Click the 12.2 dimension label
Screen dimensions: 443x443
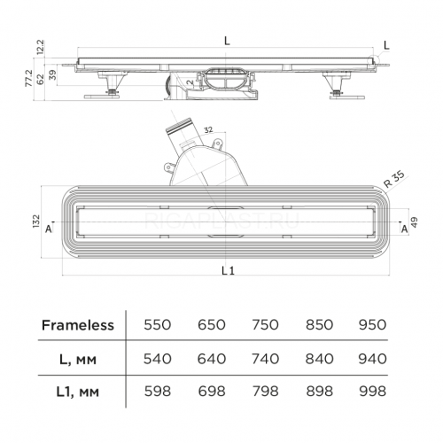tap(40, 47)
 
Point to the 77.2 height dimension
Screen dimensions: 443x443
tap(28, 78)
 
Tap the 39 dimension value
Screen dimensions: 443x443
tap(52, 75)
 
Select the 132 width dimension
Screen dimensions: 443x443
tap(35, 221)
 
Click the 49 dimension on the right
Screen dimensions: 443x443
tap(414, 222)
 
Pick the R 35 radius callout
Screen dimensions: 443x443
tap(394, 179)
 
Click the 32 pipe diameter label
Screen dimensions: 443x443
tap(208, 129)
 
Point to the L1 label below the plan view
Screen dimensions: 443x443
tap(228, 270)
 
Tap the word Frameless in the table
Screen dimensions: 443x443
tap(78, 325)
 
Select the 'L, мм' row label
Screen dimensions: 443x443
tap(78, 360)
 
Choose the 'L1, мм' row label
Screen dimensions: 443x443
tap(77, 392)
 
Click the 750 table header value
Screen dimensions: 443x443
tap(265, 325)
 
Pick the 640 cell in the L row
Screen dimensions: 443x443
tap(212, 359)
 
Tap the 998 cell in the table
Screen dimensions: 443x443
tap(373, 392)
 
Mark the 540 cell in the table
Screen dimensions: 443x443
tap(158, 359)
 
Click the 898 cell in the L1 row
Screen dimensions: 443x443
tap(319, 392)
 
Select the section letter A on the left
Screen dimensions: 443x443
tap(49, 229)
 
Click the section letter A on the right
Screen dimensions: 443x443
tap(404, 229)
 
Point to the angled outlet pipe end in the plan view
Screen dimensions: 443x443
tap(179, 126)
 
